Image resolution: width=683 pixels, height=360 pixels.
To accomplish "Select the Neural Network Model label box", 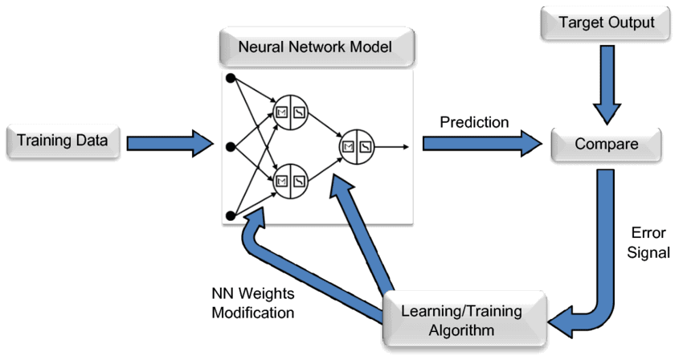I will pos(316,48).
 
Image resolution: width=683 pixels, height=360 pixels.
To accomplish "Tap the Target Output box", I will pos(604,23).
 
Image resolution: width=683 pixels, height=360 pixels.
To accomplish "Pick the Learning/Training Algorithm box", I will pos(460,320).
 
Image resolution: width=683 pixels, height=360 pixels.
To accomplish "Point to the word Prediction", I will pos(474,122).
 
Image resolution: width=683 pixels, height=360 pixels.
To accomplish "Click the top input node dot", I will pos(230,78).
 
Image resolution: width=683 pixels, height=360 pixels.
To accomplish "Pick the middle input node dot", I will pos(230,146).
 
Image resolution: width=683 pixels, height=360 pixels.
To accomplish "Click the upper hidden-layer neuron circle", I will pos(290,112).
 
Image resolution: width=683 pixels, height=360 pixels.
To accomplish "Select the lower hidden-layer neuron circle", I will pos(290,179).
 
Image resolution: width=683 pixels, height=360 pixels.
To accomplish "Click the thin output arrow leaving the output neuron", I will pos(394,146).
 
